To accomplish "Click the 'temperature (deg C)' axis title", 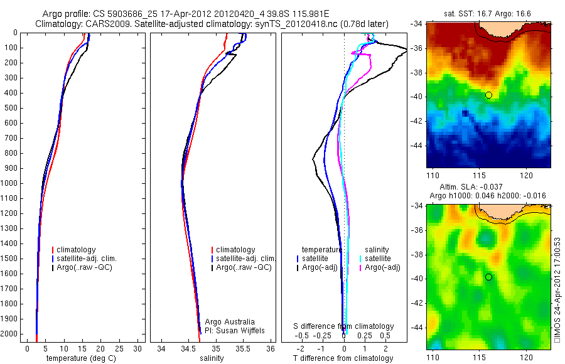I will [x=79, y=358].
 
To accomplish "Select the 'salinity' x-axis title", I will [x=210, y=358].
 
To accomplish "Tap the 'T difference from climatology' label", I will [x=343, y=358].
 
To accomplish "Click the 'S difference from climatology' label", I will [x=344, y=326].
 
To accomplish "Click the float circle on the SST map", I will [x=488, y=95].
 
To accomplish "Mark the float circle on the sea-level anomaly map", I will [x=488, y=277].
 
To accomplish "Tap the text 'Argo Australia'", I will [x=230, y=322].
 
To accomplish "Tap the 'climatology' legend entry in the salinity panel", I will [x=235, y=250].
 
